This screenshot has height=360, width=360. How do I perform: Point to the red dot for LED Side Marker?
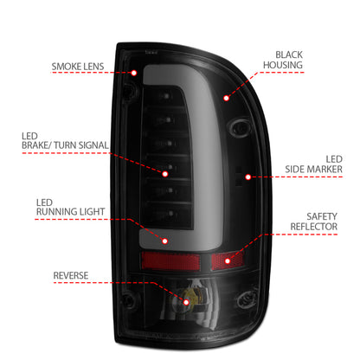pyautogui.click(x=248, y=177)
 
